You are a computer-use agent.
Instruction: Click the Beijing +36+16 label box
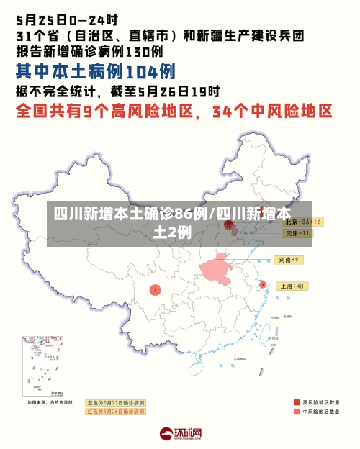pyautogui.click(x=301, y=222)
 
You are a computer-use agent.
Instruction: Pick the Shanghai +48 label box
pyautogui.click(x=292, y=286)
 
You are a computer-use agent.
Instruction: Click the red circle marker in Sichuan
pyautogui.click(x=155, y=289)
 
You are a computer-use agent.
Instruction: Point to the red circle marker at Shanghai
pyautogui.click(x=263, y=285)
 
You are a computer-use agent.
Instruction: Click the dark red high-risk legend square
pyautogui.click(x=297, y=402)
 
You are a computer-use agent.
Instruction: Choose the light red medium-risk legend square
pyautogui.click(x=297, y=412)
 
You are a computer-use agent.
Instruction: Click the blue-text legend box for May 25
pyautogui.click(x=115, y=402)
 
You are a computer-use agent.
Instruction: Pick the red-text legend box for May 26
pyautogui.click(x=115, y=412)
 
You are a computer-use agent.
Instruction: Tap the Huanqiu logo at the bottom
pyautogui.click(x=181, y=434)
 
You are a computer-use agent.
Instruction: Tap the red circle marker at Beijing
pyautogui.click(x=230, y=225)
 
